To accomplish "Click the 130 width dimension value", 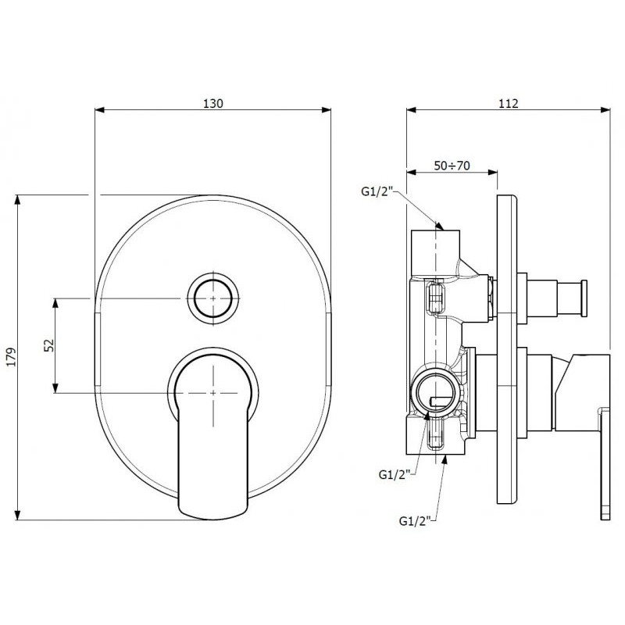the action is pos(213,103).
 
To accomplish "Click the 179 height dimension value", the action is pos(12,357).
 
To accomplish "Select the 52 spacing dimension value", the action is pos(48,345).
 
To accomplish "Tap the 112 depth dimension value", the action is pos(509,103).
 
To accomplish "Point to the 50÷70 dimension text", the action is pos(452,166).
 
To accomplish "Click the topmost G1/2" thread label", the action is pos(377,191).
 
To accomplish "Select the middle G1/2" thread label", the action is pos(395,475).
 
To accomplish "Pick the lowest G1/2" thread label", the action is pos(415,521).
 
